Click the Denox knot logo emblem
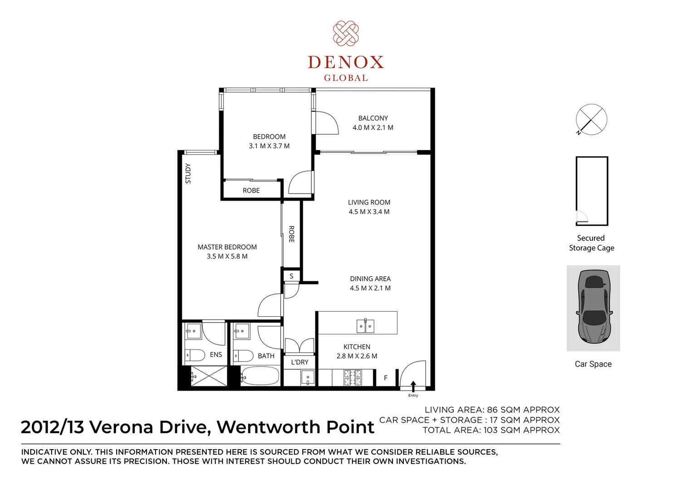pyautogui.click(x=346, y=34)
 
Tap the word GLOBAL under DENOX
pyautogui.click(x=346, y=78)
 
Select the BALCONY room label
pyautogui.click(x=373, y=118)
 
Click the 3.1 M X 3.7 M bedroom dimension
pyautogui.click(x=269, y=146)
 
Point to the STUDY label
pyautogui.click(x=188, y=173)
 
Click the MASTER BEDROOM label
pyautogui.click(x=227, y=247)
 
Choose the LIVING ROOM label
pyautogui.click(x=369, y=202)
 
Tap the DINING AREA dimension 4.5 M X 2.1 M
pyautogui.click(x=370, y=288)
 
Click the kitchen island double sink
pyautogui.click(x=365, y=325)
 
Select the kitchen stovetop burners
pyautogui.click(x=352, y=378)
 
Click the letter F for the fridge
pyautogui.click(x=386, y=378)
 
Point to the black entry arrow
pyautogui.click(x=413, y=386)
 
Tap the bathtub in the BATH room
pyautogui.click(x=260, y=376)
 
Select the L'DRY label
pyautogui.click(x=299, y=362)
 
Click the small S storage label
pyautogui.click(x=291, y=276)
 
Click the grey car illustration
pyautogui.click(x=594, y=307)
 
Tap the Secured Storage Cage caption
pyautogui.click(x=591, y=243)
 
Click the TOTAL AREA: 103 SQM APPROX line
pyautogui.click(x=491, y=430)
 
